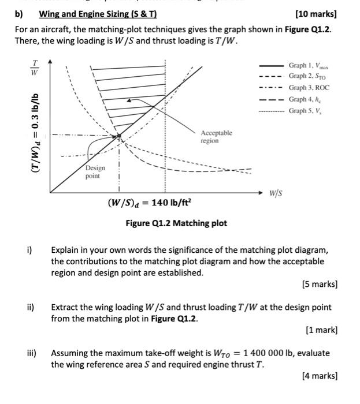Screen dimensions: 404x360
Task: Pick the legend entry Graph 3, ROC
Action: (309, 88)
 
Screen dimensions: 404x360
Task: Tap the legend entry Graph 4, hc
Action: (305, 99)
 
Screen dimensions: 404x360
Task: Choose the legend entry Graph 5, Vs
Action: (305, 111)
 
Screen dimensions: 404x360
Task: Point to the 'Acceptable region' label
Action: (216, 137)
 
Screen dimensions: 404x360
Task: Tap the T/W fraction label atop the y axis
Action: (35, 68)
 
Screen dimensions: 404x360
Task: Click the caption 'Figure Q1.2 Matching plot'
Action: (176, 223)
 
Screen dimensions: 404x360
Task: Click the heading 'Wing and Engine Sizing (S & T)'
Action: (98, 14)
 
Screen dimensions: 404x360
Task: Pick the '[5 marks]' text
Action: (319, 284)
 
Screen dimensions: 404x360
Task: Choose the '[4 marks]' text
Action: (319, 376)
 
